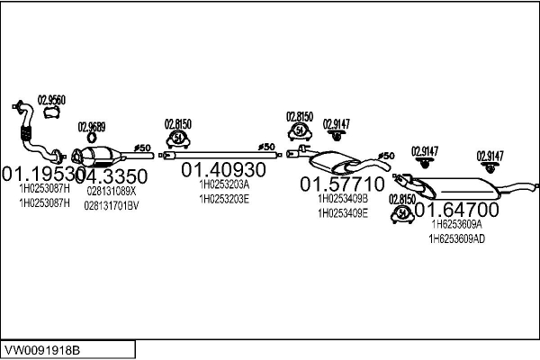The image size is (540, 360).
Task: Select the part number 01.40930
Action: (224, 169)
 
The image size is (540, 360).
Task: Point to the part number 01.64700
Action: (455, 210)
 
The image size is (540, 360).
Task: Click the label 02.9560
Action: (50, 100)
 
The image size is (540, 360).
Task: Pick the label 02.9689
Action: (92, 127)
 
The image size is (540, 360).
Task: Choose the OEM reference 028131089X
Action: (112, 191)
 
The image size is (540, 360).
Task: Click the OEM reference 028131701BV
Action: (112, 205)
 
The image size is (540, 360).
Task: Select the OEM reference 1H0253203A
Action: (224, 184)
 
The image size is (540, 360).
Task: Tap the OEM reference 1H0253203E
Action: (224, 199)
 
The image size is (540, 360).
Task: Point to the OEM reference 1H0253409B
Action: (343, 199)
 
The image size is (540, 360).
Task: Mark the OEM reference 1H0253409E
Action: (343, 213)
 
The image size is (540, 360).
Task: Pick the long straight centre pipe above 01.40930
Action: (216, 156)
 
